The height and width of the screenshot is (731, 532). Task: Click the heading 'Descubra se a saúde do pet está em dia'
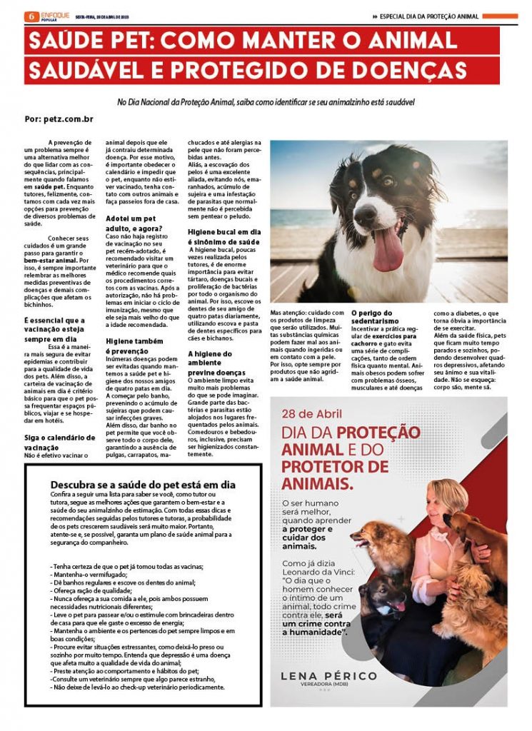[x=142, y=484]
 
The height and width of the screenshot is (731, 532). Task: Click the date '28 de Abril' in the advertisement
[x=308, y=414]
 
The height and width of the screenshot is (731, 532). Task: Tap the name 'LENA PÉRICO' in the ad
[x=329, y=675]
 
